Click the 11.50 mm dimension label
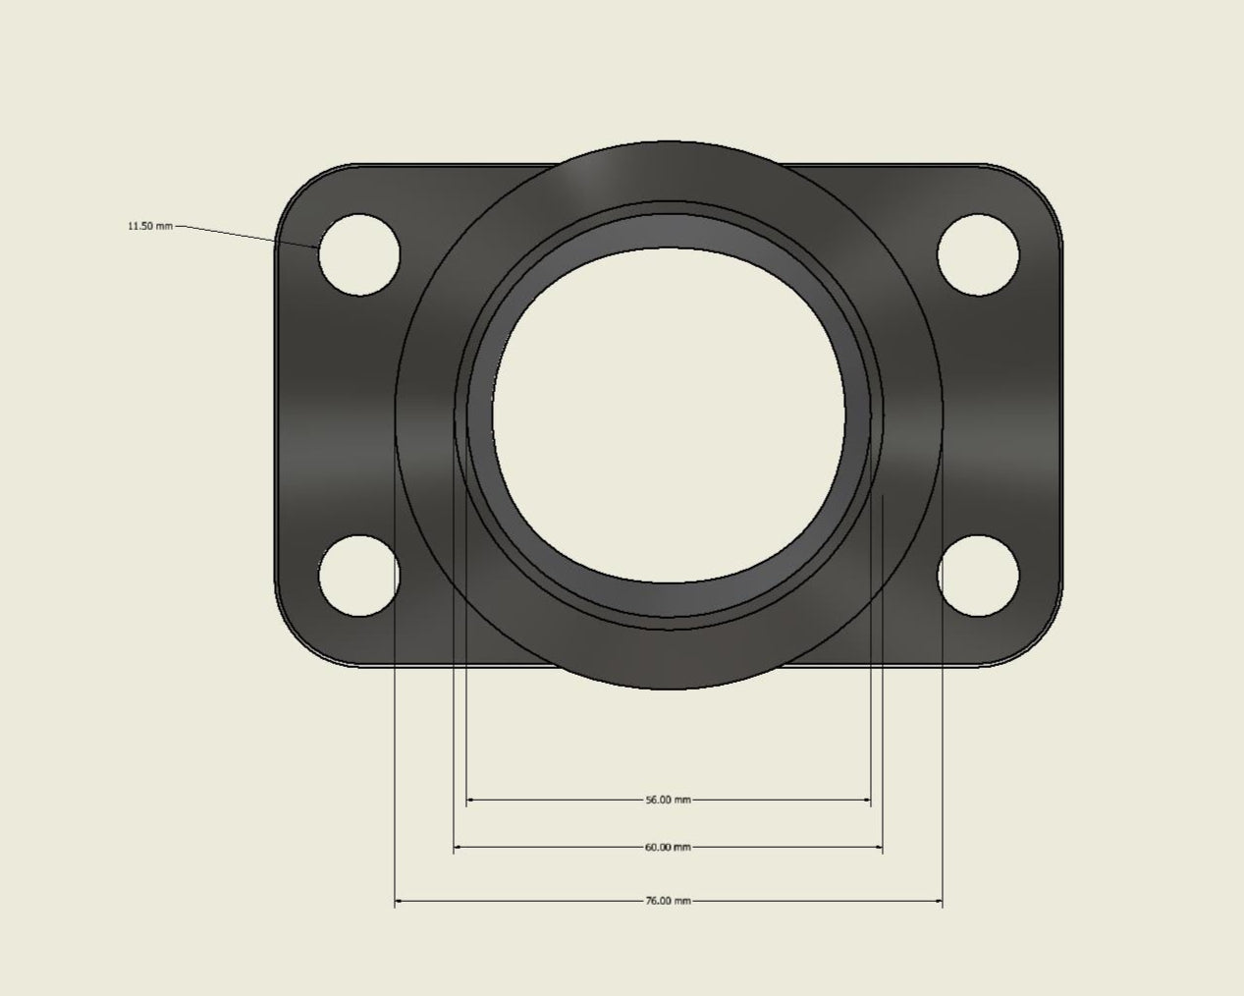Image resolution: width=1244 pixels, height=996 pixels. tap(149, 226)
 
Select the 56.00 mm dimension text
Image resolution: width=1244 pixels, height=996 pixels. tap(668, 800)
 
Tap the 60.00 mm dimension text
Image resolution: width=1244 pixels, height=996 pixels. tap(668, 847)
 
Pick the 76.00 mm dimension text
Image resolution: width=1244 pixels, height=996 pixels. tap(668, 900)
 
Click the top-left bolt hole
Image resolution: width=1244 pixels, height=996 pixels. tap(359, 254)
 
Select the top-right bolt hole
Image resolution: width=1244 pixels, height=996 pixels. tap(977, 254)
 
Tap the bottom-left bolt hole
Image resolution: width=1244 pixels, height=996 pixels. tap(359, 577)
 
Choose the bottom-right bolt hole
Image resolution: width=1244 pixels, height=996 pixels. tap(977, 577)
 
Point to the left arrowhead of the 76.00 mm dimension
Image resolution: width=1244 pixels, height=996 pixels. tap(400, 900)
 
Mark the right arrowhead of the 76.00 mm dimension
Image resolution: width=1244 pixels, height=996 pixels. tap(938, 900)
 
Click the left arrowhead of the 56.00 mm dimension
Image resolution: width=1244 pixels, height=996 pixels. tap(471, 801)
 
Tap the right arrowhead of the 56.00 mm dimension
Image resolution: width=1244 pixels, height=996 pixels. tap(866, 801)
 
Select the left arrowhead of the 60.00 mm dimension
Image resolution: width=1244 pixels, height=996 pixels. tap(459, 847)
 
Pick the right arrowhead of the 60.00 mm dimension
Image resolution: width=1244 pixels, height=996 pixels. tap(878, 847)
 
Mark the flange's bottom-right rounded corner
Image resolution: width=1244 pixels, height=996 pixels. tap(1039, 644)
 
